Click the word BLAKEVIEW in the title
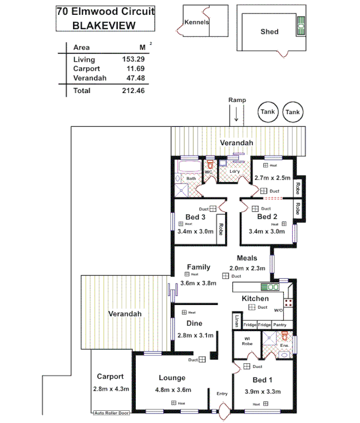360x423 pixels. (x=104, y=25)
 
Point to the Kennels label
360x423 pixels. (x=197, y=22)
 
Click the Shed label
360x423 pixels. (x=269, y=32)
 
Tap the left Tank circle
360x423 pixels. (x=267, y=112)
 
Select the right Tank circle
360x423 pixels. (x=292, y=112)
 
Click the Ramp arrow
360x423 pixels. (x=236, y=115)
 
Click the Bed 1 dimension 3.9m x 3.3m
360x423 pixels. (x=263, y=391)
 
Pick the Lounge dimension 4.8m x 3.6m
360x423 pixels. (x=172, y=390)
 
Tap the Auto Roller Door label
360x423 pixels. (x=112, y=413)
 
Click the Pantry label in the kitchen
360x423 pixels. (x=280, y=324)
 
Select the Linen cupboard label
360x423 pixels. (x=237, y=321)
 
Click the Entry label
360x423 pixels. (x=222, y=393)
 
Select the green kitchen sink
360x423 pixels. (x=270, y=287)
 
